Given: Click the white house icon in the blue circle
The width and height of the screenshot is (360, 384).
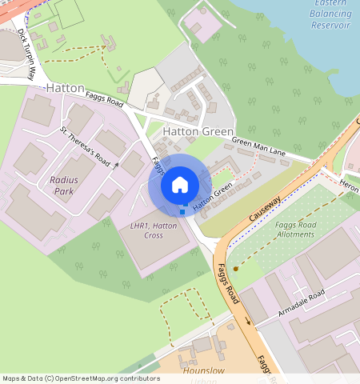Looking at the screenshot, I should pos(180,185).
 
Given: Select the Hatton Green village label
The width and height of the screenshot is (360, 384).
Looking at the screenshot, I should pos(198,130).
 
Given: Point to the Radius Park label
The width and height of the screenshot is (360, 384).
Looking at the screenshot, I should pos(64,186).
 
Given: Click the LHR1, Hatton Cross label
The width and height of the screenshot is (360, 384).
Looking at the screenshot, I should pos(153,231).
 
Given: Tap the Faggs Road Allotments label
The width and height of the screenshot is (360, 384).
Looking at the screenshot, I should pos(297,230).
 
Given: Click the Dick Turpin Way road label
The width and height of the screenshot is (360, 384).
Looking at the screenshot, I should pos(26,55).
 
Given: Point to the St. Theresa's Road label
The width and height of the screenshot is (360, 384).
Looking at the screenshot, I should pos(85,145).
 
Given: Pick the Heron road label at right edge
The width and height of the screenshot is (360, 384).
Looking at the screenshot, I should pos(350,184).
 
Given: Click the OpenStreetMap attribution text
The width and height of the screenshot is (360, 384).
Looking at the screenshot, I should pos(80,378).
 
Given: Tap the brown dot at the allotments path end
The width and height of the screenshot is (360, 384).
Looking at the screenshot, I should pos(235,270).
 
